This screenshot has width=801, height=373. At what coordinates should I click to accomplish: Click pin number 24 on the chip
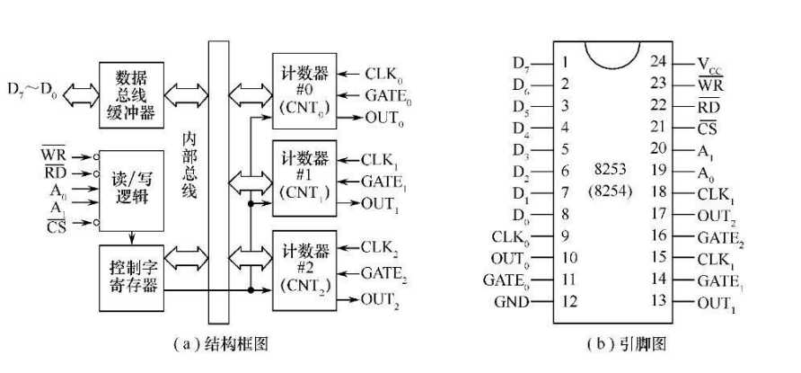658,62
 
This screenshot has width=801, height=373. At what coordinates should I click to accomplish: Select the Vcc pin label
714,64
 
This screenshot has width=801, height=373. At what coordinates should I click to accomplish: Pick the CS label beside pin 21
707,128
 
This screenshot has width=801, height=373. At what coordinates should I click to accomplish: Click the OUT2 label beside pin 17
718,215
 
